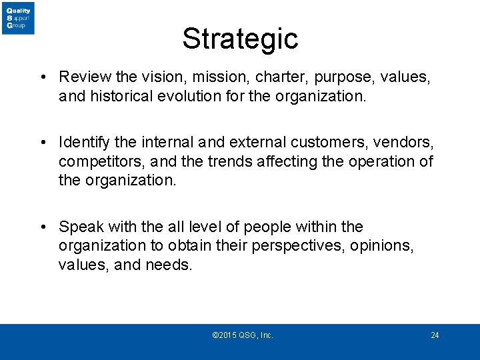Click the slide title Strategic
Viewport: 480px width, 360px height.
tap(240, 39)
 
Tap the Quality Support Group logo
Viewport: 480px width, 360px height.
tap(18, 18)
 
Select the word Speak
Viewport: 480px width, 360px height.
tap(79, 227)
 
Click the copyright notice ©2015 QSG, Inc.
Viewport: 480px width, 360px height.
tap(242, 335)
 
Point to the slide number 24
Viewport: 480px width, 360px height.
tap(435, 335)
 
